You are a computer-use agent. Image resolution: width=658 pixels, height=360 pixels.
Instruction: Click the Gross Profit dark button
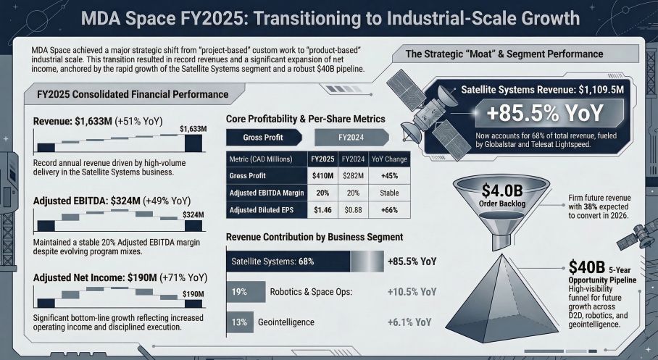point(262,137)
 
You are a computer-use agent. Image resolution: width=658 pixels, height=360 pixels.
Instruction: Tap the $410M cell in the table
point(321,175)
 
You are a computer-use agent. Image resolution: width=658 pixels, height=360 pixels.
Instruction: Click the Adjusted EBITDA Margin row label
point(265,193)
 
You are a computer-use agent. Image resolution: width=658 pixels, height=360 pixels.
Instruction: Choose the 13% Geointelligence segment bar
point(236,322)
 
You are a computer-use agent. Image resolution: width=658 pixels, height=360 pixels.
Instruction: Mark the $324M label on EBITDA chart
point(193,215)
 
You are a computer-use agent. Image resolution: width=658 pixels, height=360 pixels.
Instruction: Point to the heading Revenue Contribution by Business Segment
point(315,237)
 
